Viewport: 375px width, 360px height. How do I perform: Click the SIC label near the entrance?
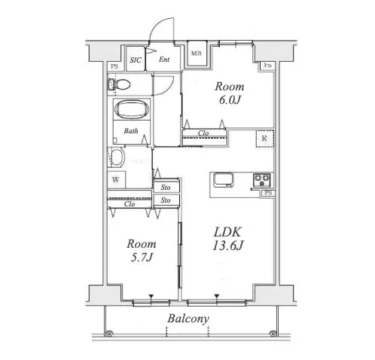[136, 60]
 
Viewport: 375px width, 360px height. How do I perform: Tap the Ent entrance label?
[164, 59]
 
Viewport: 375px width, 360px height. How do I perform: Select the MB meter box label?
[197, 53]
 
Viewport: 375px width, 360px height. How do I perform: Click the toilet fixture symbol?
[119, 84]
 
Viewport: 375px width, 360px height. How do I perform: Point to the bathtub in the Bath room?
[132, 109]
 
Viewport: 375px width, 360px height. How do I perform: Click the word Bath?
[131, 131]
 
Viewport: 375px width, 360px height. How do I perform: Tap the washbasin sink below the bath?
[117, 157]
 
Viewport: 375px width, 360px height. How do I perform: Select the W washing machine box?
[116, 180]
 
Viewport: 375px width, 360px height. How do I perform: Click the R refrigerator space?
[264, 139]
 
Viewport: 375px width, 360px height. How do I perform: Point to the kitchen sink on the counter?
[223, 180]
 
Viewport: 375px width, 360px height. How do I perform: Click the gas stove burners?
[262, 180]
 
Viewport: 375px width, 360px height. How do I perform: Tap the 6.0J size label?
[230, 100]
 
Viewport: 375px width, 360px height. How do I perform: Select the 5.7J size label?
[142, 258]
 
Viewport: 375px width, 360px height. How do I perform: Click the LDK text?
[227, 232]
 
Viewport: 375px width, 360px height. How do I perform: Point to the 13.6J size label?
[228, 246]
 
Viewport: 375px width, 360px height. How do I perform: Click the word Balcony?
[188, 319]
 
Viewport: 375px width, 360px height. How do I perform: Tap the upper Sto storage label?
[166, 188]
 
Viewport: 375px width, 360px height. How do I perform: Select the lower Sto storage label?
[166, 200]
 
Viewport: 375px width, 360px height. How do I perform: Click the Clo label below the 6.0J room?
[203, 133]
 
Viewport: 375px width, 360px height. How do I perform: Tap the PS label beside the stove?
[268, 193]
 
